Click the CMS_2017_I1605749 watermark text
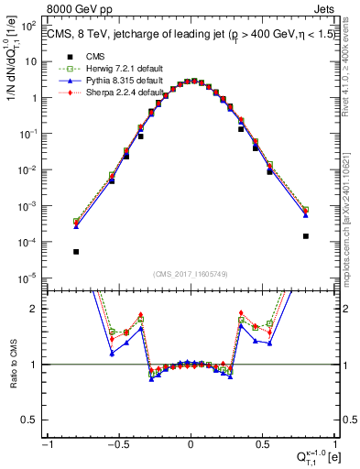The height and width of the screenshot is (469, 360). click(x=190, y=275)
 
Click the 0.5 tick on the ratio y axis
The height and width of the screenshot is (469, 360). click(x=35, y=420)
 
